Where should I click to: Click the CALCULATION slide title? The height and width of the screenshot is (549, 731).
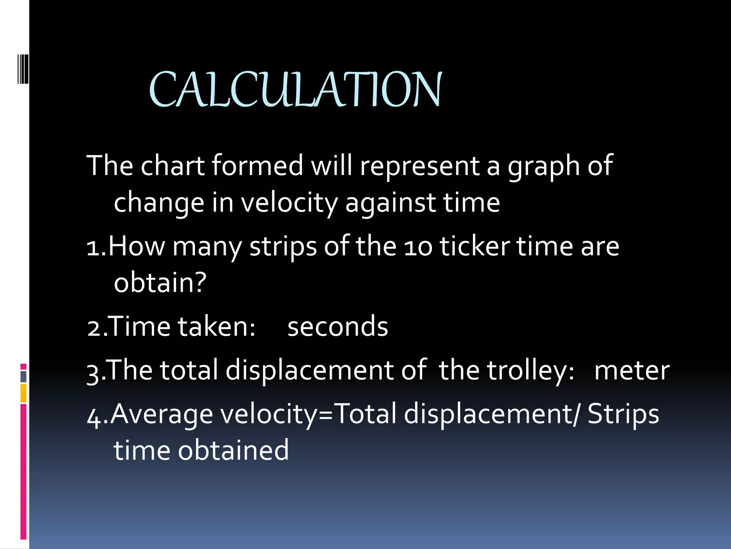tap(296, 89)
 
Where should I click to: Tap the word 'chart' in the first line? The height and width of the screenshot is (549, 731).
tap(173, 166)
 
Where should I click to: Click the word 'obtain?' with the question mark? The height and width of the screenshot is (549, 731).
tap(160, 282)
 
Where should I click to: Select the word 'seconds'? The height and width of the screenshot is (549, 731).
tap(338, 327)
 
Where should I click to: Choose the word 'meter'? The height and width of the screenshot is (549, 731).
tap(632, 371)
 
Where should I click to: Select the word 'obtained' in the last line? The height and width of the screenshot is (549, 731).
tap(233, 450)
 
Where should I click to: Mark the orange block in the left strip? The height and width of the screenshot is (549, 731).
tap(24, 393)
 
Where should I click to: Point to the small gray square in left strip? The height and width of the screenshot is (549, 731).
tap(24, 376)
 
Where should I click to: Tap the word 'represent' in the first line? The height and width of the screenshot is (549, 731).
tap(420, 167)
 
